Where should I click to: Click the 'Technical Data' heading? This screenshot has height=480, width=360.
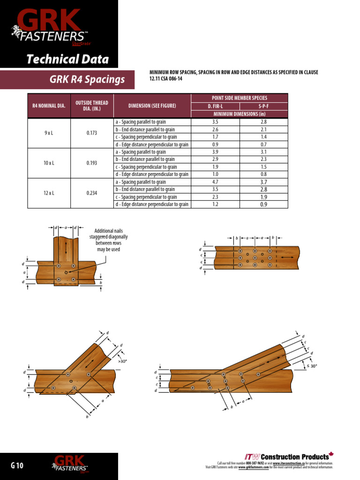pyautogui.click(x=67, y=60)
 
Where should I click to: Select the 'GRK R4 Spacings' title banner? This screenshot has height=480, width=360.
pyautogui.click(x=87, y=80)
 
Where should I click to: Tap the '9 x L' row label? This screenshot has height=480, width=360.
pyautogui.click(x=49, y=133)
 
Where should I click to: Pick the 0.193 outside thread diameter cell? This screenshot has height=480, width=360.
pyautogui.click(x=92, y=163)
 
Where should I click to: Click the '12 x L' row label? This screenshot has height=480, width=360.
pyautogui.click(x=49, y=193)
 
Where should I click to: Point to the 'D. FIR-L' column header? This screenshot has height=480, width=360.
pyautogui.click(x=215, y=106)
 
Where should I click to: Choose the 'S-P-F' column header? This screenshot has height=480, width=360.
pyautogui.click(x=263, y=106)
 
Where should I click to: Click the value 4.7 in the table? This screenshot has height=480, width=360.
pyautogui.click(x=215, y=182)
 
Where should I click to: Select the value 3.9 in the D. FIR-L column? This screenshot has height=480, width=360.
pyautogui.click(x=215, y=152)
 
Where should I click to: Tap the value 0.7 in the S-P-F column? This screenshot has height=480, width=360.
pyautogui.click(x=263, y=144)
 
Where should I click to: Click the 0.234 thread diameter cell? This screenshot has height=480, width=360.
pyautogui.click(x=92, y=193)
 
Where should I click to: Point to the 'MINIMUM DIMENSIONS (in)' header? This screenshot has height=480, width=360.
pyautogui.click(x=240, y=114)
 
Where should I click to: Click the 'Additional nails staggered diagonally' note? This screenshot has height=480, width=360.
pyautogui.click(x=108, y=240)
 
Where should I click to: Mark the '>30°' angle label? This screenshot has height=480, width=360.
pyautogui.click(x=122, y=361)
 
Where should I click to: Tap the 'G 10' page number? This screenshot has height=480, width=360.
pyautogui.click(x=17, y=465)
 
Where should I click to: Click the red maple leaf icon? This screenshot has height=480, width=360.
pyautogui.click(x=331, y=454)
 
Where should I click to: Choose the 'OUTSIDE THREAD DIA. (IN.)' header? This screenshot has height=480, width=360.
pyautogui.click(x=92, y=106)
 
